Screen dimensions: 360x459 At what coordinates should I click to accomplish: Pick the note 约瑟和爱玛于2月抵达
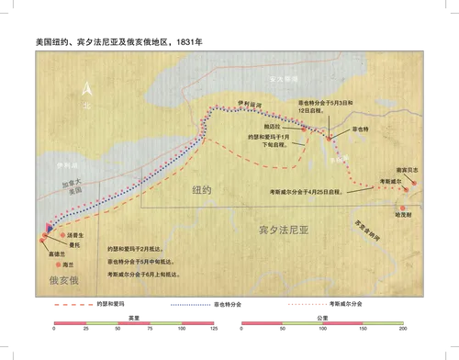click(139, 248)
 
